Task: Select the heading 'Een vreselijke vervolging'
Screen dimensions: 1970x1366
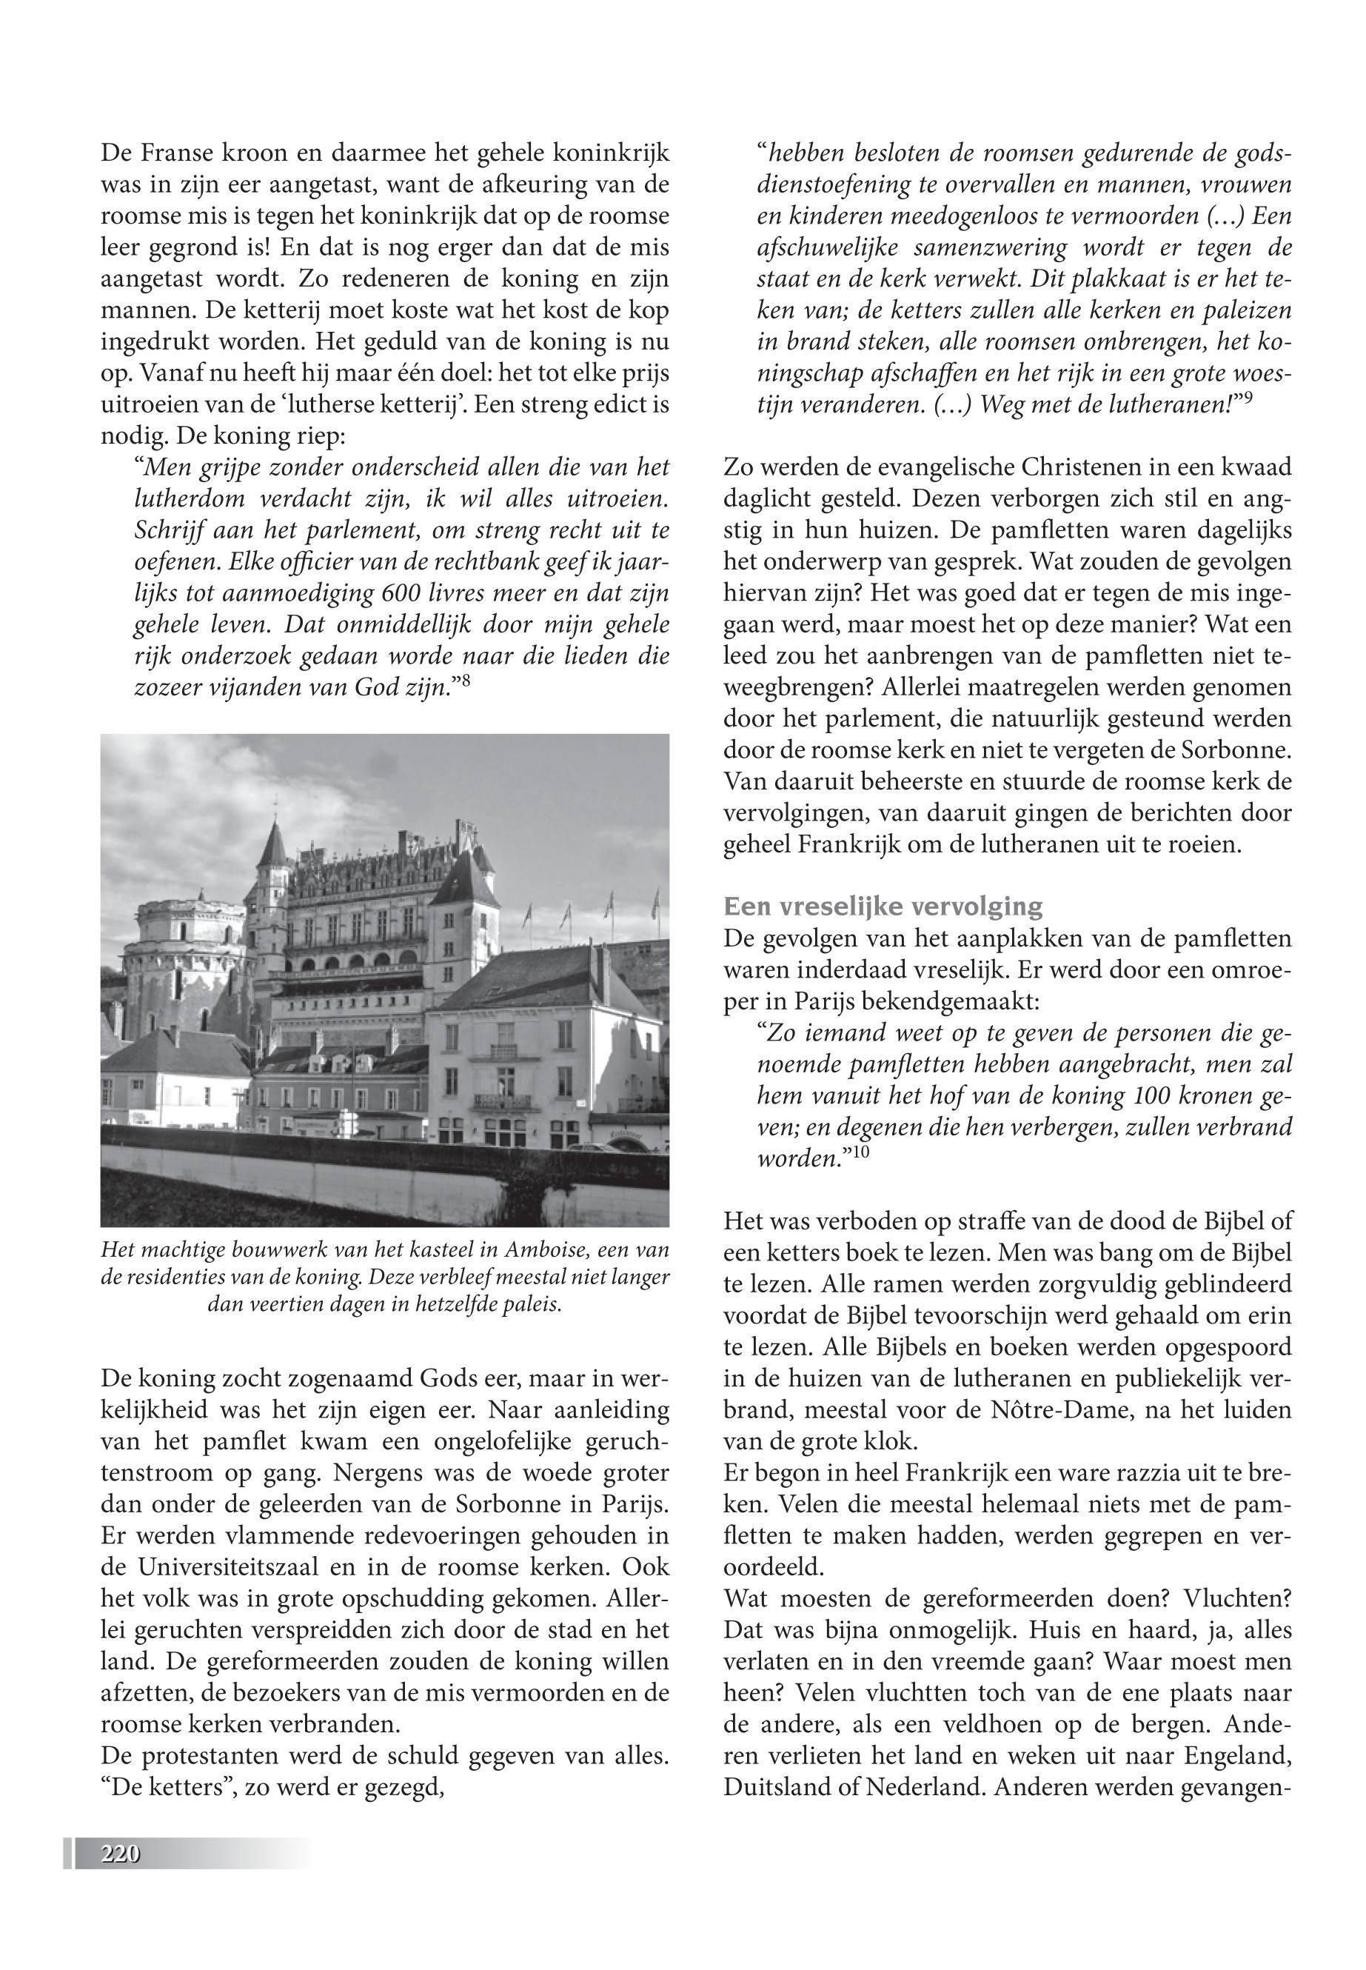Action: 883,906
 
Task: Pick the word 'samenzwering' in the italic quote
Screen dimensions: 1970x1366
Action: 982,248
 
